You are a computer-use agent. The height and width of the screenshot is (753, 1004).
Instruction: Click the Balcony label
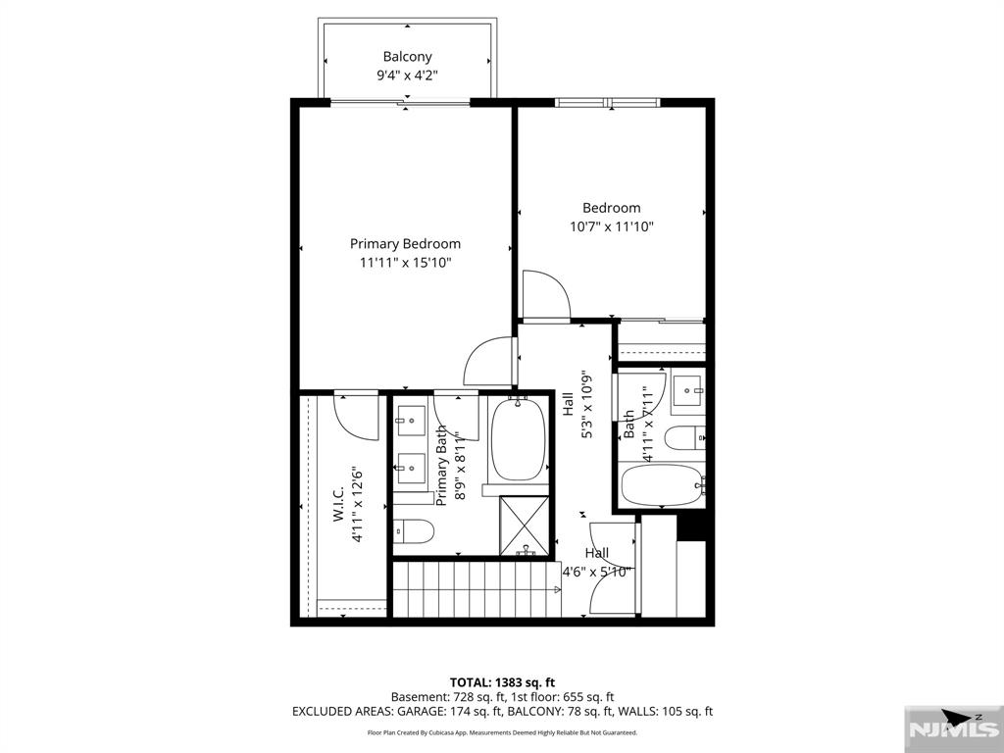pos(407,56)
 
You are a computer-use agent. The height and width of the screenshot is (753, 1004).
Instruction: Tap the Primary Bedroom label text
pos(405,244)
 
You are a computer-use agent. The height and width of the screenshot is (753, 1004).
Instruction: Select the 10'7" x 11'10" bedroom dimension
pos(612,226)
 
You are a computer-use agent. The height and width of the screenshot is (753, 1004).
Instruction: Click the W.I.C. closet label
pos(338,503)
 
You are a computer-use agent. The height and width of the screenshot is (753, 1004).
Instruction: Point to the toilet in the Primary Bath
pos(413,530)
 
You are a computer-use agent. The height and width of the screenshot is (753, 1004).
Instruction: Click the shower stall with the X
pos(524,526)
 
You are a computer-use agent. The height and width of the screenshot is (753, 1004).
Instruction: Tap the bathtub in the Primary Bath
pos(518,440)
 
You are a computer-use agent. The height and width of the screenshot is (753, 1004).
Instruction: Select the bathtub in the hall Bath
pos(663,484)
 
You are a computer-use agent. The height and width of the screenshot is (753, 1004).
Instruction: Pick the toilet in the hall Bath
pos(684,438)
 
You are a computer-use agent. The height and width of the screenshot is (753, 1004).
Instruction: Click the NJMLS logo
pos(953,728)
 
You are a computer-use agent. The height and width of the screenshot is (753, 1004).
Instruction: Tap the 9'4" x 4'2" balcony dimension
pos(407,75)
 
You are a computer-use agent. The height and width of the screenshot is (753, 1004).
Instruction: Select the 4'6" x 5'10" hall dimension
pos(597,572)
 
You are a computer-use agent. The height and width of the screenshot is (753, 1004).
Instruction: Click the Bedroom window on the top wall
pos(607,102)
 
